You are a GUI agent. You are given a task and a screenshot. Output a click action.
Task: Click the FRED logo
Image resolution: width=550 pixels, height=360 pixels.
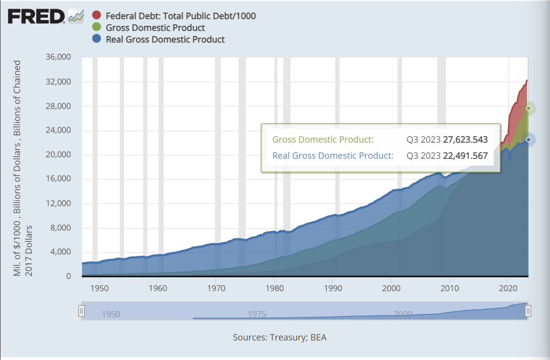pos(37,17)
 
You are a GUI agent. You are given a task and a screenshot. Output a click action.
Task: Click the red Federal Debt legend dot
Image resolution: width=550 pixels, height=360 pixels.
pos(96,16)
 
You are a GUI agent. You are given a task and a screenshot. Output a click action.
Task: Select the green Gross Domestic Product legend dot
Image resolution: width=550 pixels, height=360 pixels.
pos(96,28)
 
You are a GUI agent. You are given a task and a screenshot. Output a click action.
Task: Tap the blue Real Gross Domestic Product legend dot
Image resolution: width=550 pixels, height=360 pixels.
pos(96,40)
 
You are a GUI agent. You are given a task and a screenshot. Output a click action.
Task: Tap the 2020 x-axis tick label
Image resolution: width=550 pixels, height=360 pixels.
pos(508,287)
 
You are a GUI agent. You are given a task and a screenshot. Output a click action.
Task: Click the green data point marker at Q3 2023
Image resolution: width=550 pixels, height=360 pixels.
pos(528,108)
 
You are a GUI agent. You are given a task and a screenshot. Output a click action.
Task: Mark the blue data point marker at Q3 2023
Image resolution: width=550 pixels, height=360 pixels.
pos(528,140)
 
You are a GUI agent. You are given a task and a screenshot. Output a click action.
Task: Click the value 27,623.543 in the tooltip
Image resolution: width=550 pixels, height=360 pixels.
pos(465,140)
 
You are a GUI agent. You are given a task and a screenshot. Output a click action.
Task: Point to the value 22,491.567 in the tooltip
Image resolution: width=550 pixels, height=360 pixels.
pos(465,156)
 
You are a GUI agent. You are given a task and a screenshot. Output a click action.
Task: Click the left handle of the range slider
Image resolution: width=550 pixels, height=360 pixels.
pos(82,311)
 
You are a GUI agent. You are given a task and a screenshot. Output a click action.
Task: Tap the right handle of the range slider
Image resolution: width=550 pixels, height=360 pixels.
pos(528,311)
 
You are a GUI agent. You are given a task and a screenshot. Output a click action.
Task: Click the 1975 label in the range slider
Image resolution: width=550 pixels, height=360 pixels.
pos(257,314)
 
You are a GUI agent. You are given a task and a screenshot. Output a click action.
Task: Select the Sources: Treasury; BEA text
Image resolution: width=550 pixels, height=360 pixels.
pos(279,338)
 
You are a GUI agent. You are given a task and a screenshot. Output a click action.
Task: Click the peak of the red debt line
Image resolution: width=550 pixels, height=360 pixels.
pos(527,80)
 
